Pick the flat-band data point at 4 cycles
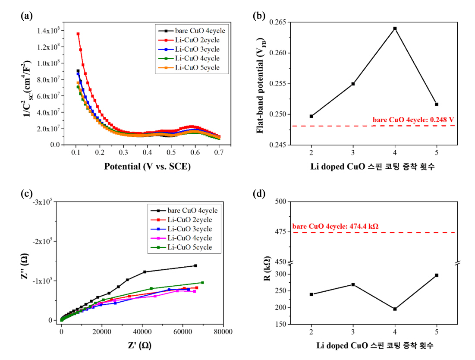pyautogui.click(x=395, y=28)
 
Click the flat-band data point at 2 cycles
pyautogui.click(x=311, y=116)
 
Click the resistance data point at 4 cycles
pyautogui.click(x=395, y=309)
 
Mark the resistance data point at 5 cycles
pyautogui.click(x=437, y=275)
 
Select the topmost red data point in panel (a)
pyautogui.click(x=78, y=34)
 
